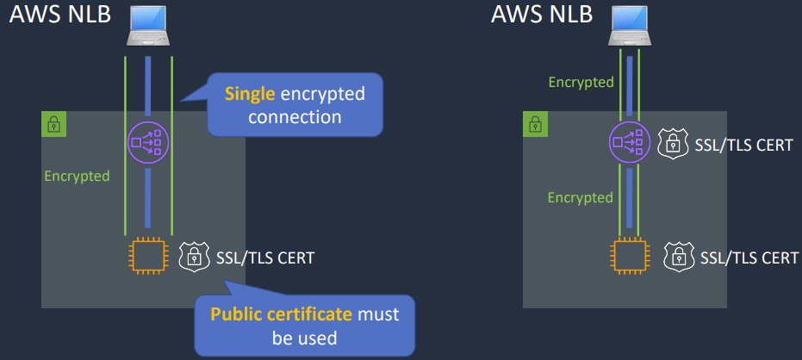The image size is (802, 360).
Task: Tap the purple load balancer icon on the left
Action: pyautogui.click(x=148, y=140)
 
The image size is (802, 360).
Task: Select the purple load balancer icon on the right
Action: pyautogui.click(x=631, y=142)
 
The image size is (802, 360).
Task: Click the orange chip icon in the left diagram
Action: pyautogui.click(x=148, y=256)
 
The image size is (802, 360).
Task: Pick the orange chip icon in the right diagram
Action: pyautogui.click(x=631, y=256)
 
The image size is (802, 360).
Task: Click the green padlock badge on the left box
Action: pyautogui.click(x=53, y=124)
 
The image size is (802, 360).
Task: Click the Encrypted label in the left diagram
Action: pyautogui.click(x=77, y=177)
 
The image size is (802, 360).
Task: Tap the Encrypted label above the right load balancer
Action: pyautogui.click(x=581, y=83)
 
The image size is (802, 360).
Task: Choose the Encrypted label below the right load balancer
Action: pyautogui.click(x=581, y=197)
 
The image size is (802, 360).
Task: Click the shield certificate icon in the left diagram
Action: pyautogui.click(x=194, y=256)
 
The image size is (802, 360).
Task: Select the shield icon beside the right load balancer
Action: pyautogui.click(x=673, y=144)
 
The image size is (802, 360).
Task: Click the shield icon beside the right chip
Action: pyautogui.click(x=678, y=256)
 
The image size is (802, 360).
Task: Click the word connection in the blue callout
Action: pyautogui.click(x=295, y=115)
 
